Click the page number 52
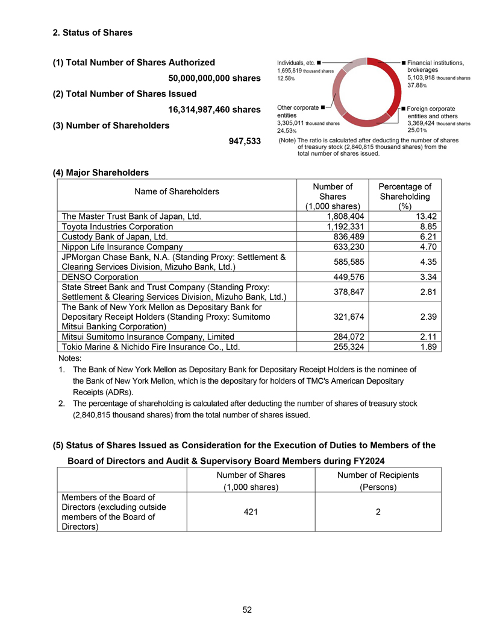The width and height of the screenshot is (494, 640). (x=247, y=610)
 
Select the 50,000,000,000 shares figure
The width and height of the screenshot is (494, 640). (x=214, y=78)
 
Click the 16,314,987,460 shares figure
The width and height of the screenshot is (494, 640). (x=214, y=110)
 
